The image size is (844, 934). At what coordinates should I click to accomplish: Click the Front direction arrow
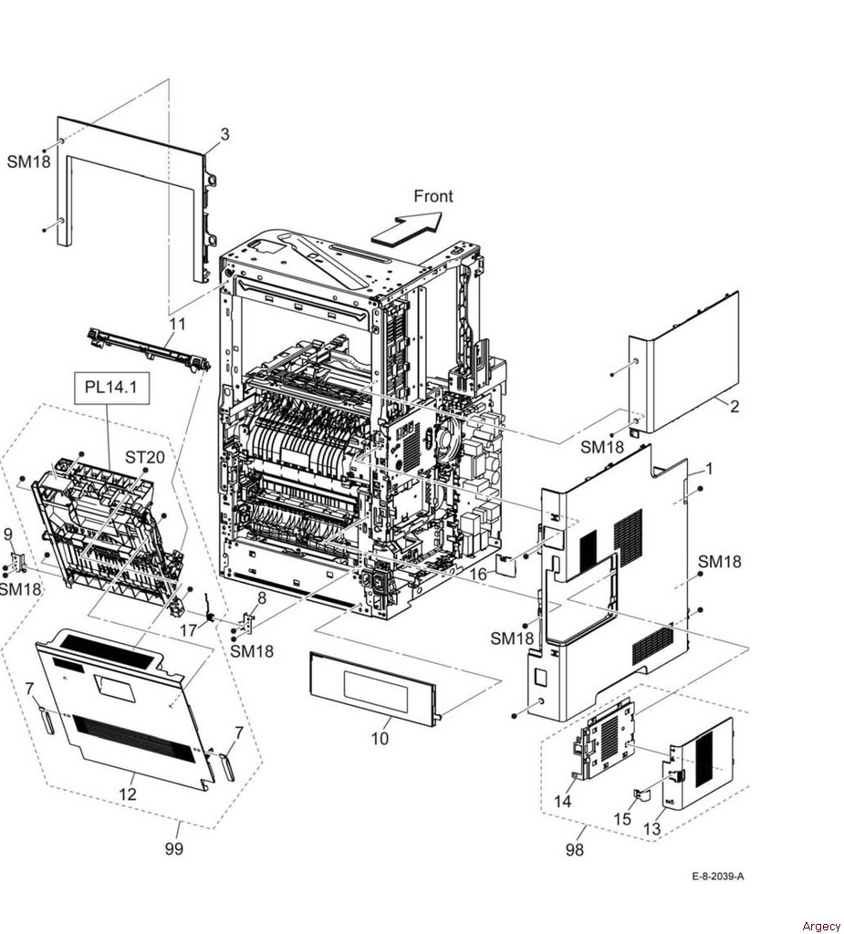406,228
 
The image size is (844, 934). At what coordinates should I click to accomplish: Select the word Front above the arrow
432,196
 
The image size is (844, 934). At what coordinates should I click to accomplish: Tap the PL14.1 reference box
110,388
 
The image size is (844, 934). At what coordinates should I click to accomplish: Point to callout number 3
224,135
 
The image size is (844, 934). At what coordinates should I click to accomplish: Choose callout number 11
176,323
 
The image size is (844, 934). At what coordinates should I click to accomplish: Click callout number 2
734,407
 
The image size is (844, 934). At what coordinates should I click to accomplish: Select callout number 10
380,738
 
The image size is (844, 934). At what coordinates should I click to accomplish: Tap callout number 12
128,794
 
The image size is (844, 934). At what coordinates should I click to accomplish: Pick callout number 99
173,849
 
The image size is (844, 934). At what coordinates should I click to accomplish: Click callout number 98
574,850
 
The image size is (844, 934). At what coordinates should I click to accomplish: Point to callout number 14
563,802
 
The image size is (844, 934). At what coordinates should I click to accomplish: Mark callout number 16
478,575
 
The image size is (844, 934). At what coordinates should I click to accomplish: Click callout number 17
187,628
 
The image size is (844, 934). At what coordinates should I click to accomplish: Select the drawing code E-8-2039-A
717,877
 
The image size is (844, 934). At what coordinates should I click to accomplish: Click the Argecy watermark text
821,926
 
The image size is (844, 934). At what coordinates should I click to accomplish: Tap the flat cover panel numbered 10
374,687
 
